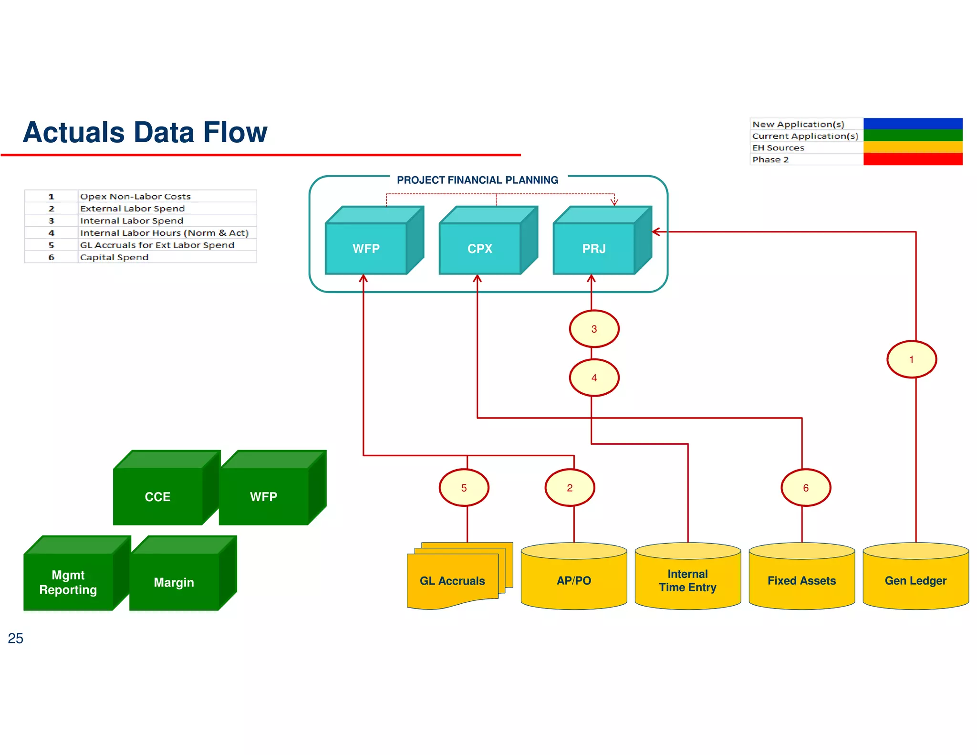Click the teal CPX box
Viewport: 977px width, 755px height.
point(480,248)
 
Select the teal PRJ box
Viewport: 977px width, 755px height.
point(594,248)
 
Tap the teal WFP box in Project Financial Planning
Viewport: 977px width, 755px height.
point(366,248)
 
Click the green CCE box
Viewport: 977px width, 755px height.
point(158,496)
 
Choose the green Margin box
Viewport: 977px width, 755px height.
point(174,582)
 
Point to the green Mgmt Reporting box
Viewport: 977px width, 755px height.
point(68,582)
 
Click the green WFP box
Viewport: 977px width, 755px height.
point(263,496)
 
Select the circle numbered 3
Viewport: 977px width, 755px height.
point(594,329)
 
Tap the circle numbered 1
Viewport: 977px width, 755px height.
point(911,359)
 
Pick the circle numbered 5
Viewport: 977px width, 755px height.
point(464,488)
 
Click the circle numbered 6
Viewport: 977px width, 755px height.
point(806,488)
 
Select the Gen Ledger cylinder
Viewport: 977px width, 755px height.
point(915,580)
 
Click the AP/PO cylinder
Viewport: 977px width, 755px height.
point(574,580)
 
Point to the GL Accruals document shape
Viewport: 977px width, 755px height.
point(452,580)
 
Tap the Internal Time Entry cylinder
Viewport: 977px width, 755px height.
point(687,580)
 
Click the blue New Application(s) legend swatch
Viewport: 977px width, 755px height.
point(913,124)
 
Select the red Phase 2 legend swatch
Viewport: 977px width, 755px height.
point(913,159)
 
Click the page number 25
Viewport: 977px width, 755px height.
point(15,638)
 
